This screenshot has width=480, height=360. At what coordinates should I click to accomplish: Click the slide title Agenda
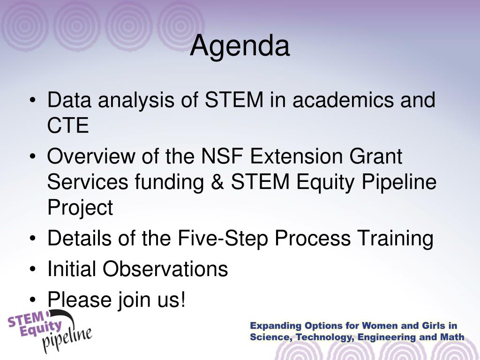point(240,46)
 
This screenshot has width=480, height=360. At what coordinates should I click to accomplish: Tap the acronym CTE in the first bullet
point(68,125)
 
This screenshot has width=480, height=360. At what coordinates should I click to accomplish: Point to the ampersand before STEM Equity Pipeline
point(217,181)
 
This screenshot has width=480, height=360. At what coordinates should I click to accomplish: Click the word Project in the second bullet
point(80,208)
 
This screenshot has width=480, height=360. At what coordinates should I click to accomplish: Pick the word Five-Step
point(223,238)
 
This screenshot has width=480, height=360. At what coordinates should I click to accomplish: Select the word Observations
point(165,269)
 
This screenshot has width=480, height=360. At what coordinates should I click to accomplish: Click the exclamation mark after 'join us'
point(183,299)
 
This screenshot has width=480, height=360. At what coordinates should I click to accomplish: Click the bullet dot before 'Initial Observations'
point(33,269)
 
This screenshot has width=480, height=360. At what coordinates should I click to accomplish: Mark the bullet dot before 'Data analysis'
point(33,100)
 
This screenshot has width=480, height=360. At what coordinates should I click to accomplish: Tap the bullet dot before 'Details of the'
point(33,239)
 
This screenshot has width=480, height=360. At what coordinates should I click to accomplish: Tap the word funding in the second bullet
point(169,182)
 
